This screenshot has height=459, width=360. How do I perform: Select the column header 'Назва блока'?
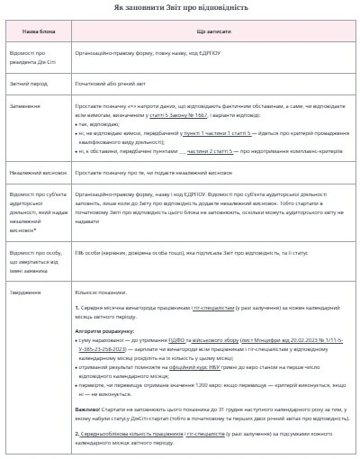click(x=38, y=31)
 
